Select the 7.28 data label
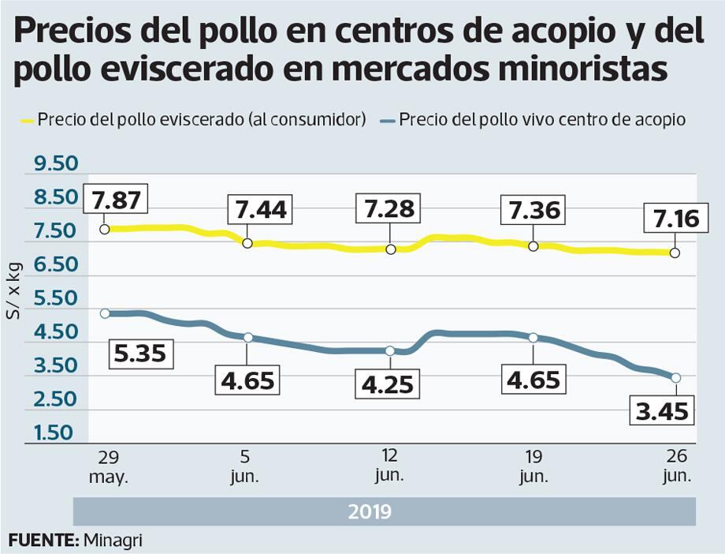(389, 210)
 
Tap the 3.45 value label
(663, 411)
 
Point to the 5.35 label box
(139, 353)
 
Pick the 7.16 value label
(671, 218)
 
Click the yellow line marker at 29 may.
(104, 229)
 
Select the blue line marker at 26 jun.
(675, 378)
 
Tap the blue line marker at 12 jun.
(390, 350)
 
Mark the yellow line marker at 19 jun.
(533, 246)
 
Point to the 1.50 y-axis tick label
(54, 432)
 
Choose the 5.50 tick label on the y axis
(54, 298)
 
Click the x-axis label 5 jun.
(246, 466)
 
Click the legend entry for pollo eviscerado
(193, 120)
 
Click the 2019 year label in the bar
(370, 511)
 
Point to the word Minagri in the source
(113, 541)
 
